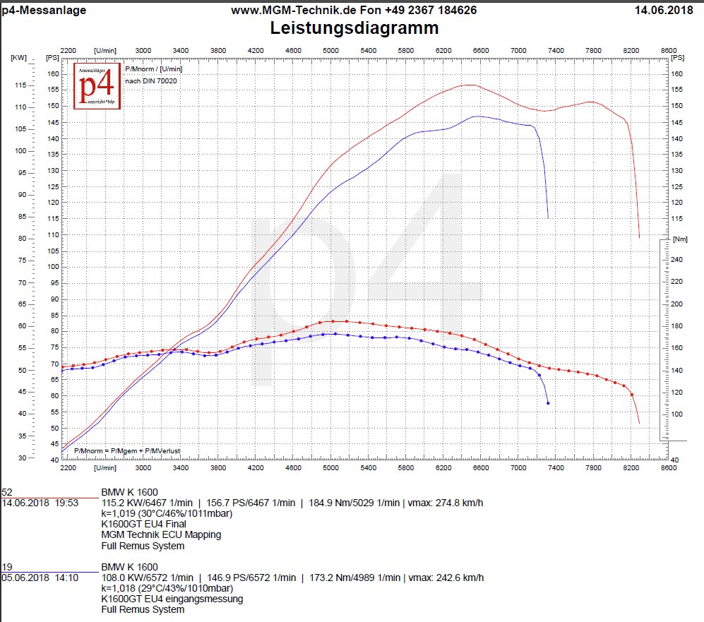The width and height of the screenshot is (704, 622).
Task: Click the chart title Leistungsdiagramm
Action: [354, 28]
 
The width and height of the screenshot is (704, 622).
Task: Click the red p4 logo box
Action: [97, 85]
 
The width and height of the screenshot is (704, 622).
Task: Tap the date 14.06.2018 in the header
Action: [664, 10]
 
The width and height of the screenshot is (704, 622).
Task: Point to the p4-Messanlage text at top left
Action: [44, 10]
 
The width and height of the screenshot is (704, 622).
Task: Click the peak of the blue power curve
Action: [477, 116]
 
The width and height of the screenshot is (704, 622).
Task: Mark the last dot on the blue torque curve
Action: [548, 403]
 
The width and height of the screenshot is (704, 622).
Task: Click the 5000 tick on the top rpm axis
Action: [330, 51]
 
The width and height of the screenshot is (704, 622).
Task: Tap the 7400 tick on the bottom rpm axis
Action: [556, 467]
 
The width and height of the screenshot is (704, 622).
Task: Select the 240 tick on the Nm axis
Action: [676, 260]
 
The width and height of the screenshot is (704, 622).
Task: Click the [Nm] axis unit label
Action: [679, 239]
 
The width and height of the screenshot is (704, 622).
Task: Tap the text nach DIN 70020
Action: [151, 81]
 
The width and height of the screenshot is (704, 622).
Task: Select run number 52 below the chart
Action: [7, 492]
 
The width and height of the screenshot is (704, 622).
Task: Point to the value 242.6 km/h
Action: [458, 578]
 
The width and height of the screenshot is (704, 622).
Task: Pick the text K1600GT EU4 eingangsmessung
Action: [172, 599]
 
